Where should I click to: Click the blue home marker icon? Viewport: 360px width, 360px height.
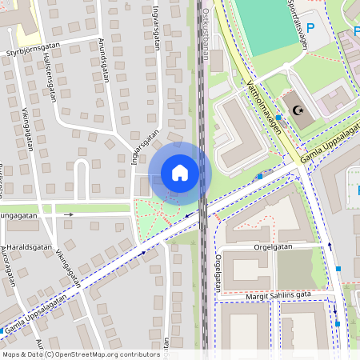[x=180, y=172]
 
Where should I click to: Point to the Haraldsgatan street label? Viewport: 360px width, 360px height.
[x=31, y=247]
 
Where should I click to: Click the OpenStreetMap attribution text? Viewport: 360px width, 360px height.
[x=80, y=354]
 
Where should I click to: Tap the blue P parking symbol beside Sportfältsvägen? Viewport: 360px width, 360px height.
[x=311, y=28]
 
